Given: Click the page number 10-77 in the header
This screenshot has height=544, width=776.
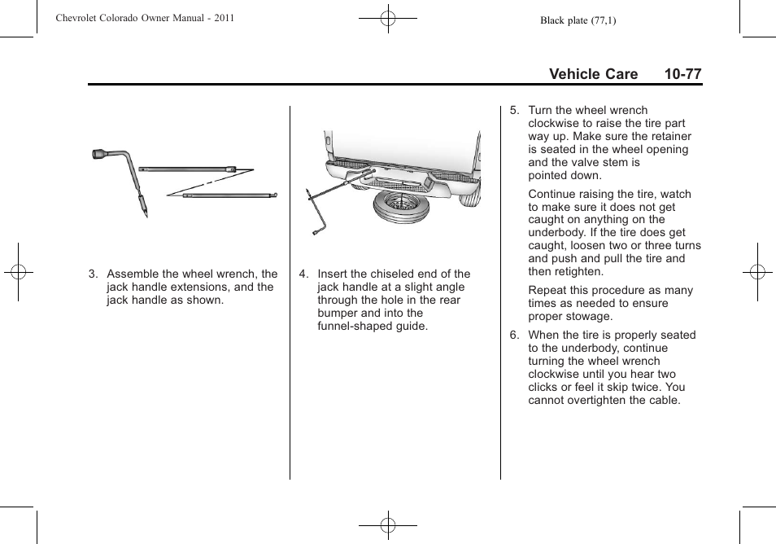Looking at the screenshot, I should click(682, 74).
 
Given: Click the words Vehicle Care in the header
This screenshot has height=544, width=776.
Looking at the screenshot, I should click(593, 74).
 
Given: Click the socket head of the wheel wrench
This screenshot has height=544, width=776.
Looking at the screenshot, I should click(100, 154).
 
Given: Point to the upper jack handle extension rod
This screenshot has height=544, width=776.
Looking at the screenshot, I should click(186, 169).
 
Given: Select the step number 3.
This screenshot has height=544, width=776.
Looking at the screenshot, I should click(92, 274).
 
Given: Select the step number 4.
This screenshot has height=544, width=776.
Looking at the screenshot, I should click(303, 274).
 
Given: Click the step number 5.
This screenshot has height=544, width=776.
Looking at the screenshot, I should click(513, 111).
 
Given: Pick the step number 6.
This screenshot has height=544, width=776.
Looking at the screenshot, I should click(513, 336).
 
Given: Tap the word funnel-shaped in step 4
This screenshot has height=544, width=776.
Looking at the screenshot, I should click(355, 327).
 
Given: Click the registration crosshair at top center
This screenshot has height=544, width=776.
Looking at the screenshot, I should click(388, 18).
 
